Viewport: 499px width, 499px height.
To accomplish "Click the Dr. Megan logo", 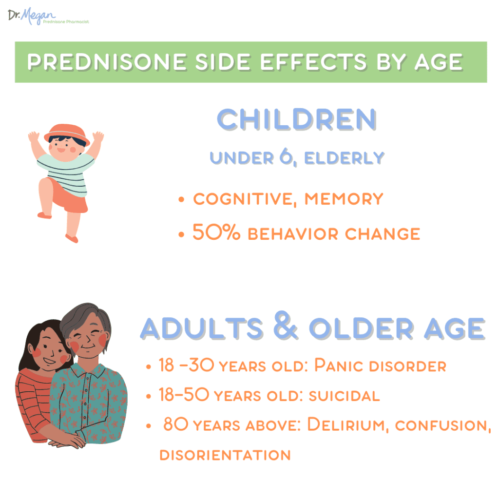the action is (x=48, y=16).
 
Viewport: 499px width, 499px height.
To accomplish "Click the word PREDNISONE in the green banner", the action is (x=107, y=62).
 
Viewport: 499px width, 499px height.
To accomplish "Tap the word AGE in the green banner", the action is (x=439, y=62).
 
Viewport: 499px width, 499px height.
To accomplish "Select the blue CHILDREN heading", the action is (x=297, y=119).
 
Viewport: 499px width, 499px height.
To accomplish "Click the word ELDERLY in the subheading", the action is (x=345, y=158).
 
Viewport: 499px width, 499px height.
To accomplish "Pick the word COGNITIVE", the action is (x=243, y=199).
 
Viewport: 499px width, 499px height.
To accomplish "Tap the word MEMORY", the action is (x=344, y=199).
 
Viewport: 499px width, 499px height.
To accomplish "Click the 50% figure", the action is (x=216, y=232).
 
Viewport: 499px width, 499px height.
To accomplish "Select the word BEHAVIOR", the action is (x=293, y=234).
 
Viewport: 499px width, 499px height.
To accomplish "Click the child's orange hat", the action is (x=67, y=133).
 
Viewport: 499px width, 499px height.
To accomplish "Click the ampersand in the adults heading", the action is (x=286, y=325).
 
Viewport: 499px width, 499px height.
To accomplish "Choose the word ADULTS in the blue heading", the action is (x=202, y=328).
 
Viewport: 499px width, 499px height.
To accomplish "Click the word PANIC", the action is (x=339, y=365).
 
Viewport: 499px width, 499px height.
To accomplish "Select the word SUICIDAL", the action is (x=345, y=396).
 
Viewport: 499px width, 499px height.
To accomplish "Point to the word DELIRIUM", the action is (x=346, y=424).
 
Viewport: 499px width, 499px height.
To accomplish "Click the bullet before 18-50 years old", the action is (x=148, y=397).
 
